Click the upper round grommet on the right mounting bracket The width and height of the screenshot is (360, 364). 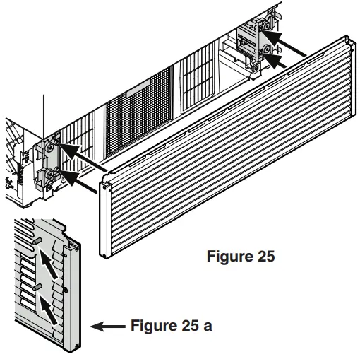click(268, 28)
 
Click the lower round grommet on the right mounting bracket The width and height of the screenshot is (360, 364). click(265, 50)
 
